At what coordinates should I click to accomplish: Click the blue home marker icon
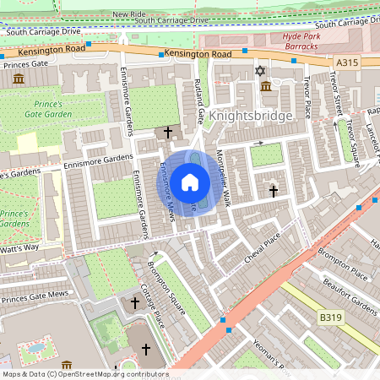[x=190, y=182]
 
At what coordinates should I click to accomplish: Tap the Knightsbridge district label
[x=251, y=115]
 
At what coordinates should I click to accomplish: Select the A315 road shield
[x=346, y=62]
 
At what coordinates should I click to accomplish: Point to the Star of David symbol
[x=259, y=71]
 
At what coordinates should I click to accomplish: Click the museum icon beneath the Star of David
[x=265, y=87]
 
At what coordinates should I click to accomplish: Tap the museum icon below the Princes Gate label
[x=19, y=79]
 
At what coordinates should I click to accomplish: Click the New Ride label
[x=128, y=14]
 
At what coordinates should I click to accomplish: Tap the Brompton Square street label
[x=166, y=288]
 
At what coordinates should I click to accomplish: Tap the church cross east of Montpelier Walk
[x=273, y=193]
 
